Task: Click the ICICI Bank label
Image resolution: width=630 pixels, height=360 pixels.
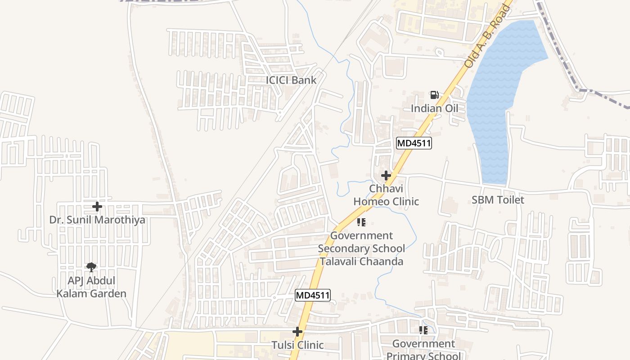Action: pos(291,80)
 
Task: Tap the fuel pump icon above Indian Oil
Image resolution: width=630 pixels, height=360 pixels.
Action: pos(434,95)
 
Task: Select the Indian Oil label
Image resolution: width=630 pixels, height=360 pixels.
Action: pos(434,108)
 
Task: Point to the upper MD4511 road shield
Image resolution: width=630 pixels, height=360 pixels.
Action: pos(414,144)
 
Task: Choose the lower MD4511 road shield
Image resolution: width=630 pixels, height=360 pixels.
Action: pos(313,296)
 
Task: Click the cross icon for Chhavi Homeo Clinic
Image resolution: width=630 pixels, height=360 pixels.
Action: pos(386,175)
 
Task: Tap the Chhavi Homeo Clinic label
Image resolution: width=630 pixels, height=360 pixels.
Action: pos(386,195)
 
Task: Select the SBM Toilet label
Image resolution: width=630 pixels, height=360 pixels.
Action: pos(498,200)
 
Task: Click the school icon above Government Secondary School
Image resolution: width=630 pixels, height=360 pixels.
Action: pos(361,222)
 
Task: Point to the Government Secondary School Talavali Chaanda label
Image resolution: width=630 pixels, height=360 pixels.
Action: pos(361,248)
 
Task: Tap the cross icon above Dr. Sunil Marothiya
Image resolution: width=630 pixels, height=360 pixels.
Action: pos(97,207)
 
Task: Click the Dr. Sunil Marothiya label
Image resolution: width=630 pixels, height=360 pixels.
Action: pos(97,220)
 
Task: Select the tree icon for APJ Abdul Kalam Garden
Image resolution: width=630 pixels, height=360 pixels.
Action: pos(91,267)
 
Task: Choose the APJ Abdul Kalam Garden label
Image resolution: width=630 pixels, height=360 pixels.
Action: pos(91,287)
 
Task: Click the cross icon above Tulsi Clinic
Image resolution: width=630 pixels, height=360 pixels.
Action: pos(297,332)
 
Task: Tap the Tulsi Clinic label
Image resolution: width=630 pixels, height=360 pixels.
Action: pos(297,345)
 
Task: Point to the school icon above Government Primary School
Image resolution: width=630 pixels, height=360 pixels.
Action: pos(423,331)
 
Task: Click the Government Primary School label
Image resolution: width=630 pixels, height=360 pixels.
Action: pos(423,349)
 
